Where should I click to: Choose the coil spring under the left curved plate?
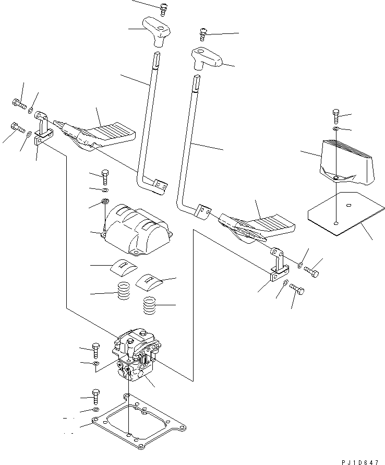tap(123, 291)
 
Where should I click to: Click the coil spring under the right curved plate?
tap(150, 305)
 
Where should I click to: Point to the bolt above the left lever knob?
tap(164, 7)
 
